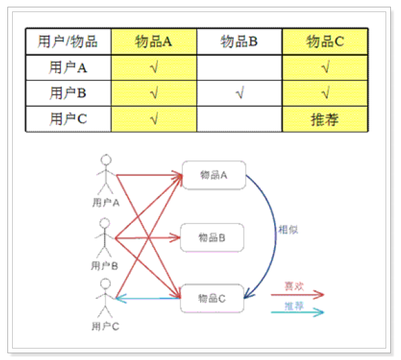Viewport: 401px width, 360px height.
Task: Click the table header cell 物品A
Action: (154, 42)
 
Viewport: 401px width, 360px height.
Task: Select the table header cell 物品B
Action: (239, 42)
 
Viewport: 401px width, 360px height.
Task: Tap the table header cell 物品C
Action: (325, 42)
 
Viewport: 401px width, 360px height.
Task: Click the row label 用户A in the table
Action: (68, 68)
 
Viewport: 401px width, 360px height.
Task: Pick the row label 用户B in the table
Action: (68, 93)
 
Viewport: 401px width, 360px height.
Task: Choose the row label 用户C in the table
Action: (68, 119)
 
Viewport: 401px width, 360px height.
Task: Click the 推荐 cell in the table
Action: (325, 120)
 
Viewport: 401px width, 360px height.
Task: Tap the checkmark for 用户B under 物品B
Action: (240, 93)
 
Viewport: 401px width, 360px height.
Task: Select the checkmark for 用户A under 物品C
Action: (325, 66)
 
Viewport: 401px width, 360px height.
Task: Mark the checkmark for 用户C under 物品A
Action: (154, 118)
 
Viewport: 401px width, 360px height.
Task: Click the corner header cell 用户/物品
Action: (69, 42)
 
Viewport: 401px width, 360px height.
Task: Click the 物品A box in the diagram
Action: (214, 175)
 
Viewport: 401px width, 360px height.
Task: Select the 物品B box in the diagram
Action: (212, 238)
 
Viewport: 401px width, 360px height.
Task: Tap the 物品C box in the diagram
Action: (212, 298)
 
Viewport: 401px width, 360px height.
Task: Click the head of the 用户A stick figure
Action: (106, 160)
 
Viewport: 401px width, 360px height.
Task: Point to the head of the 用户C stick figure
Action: (105, 284)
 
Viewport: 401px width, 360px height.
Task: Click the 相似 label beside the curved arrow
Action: (288, 230)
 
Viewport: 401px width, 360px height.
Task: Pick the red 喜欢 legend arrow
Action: (298, 295)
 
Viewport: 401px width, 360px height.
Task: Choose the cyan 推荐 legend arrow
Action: (298, 312)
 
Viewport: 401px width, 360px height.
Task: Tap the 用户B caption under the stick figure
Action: (105, 266)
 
